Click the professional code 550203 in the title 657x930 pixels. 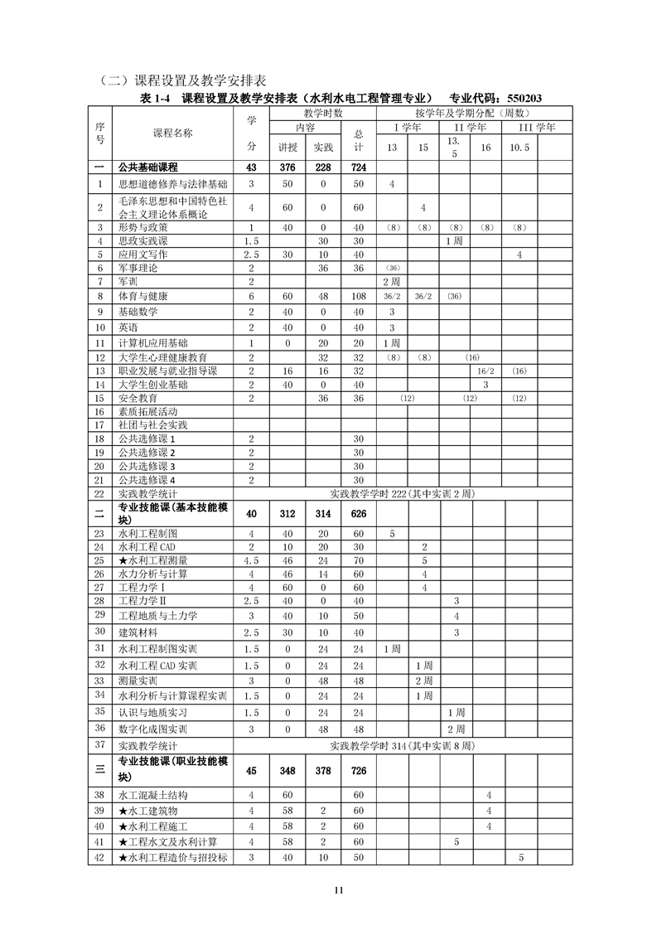519,98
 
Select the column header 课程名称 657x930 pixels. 172,133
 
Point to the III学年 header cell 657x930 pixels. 537,128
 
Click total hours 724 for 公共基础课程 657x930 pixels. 359,167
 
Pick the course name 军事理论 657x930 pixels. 138,268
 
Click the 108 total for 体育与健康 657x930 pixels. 359,296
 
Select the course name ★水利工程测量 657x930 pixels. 154,560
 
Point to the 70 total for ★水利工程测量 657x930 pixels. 359,560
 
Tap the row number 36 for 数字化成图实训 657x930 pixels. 99,728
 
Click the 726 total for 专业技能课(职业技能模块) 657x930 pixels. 359,770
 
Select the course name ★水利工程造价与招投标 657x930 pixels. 173,857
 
